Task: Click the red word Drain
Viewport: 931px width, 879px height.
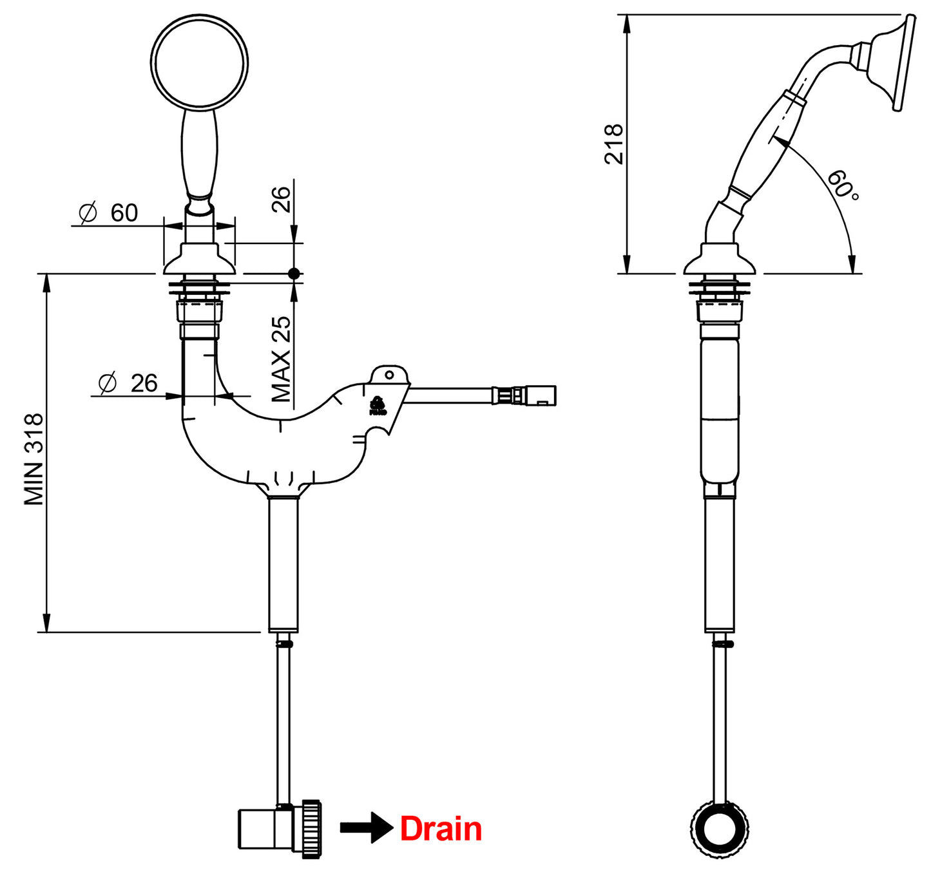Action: tap(441, 829)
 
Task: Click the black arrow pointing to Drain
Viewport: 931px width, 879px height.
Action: tap(366, 827)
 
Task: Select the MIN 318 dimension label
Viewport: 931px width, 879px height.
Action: tap(34, 459)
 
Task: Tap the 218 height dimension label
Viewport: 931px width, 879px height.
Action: tap(614, 144)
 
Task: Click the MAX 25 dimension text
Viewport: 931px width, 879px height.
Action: tap(281, 359)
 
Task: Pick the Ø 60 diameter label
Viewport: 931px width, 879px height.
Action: tap(108, 213)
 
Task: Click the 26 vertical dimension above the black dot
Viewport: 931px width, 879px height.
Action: tap(281, 200)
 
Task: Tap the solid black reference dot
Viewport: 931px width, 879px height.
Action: tap(294, 274)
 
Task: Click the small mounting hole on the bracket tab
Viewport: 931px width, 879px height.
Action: tap(389, 375)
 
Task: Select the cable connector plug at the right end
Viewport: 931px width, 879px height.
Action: tap(540, 395)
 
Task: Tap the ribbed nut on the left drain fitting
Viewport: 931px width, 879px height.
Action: tap(311, 828)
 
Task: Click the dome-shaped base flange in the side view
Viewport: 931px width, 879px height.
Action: tap(719, 259)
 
